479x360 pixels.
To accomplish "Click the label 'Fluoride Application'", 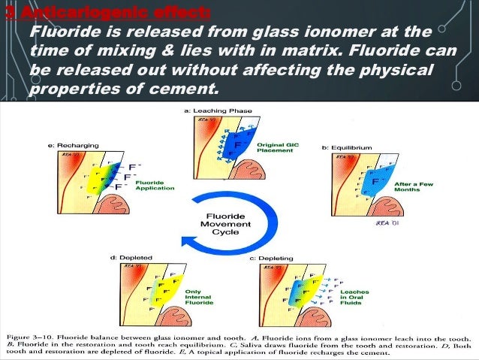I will click(x=152, y=184).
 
